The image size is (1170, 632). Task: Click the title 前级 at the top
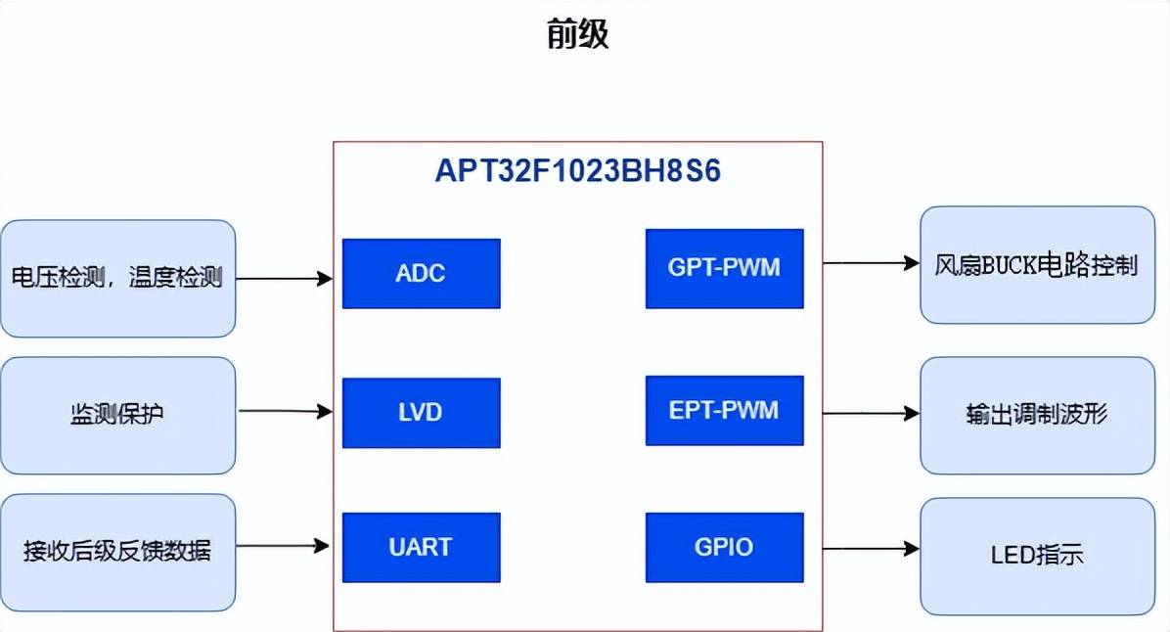coord(577,34)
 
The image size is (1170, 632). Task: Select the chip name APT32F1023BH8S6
coord(577,172)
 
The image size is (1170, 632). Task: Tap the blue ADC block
coord(421,273)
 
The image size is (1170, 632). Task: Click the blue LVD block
coord(421,413)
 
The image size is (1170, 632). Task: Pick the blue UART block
coord(421,547)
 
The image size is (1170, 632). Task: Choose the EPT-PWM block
coord(724,410)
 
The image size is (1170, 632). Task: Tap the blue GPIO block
coord(724,547)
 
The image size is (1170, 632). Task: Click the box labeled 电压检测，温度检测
coord(117,279)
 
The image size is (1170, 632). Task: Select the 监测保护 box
coord(117,415)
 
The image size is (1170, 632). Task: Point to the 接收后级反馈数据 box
coord(117,552)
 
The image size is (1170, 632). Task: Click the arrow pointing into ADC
coord(285,279)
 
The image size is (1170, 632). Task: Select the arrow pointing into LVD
coord(285,412)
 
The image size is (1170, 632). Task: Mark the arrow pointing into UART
coord(285,546)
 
